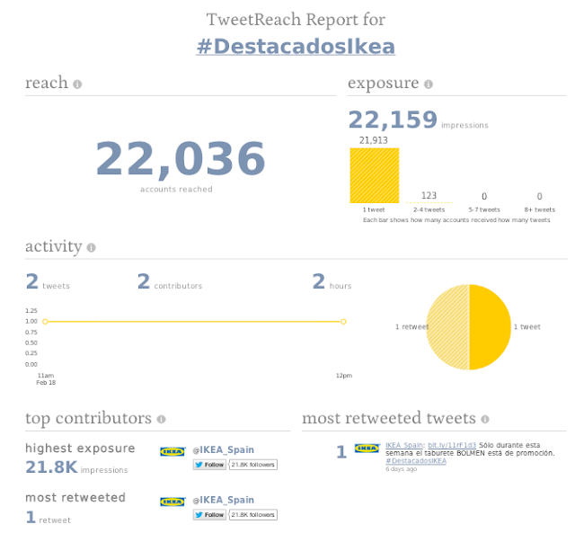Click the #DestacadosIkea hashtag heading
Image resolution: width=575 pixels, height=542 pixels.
296,46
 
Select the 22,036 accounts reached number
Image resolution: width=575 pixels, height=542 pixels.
180,159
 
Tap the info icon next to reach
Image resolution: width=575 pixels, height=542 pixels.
77,84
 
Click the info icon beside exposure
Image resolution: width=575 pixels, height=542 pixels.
428,84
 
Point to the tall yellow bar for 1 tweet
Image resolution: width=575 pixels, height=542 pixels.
374,175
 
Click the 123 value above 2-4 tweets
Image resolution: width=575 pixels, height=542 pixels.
429,196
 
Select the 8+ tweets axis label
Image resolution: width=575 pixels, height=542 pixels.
539,209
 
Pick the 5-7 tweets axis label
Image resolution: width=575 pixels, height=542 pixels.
484,209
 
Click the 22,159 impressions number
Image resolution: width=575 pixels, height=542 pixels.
393,120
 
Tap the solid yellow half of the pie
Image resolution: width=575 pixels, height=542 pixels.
491,327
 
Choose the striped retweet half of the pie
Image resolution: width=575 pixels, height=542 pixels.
447,327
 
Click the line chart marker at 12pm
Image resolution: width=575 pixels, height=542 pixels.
343,321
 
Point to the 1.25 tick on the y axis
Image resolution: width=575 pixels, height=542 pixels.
31,311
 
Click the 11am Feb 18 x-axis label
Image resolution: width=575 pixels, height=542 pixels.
45,378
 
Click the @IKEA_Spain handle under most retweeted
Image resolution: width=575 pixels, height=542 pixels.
223,500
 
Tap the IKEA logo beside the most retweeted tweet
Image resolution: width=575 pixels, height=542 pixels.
366,447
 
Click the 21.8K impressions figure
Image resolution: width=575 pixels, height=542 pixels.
50,467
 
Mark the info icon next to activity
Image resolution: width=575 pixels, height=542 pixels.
91,247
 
